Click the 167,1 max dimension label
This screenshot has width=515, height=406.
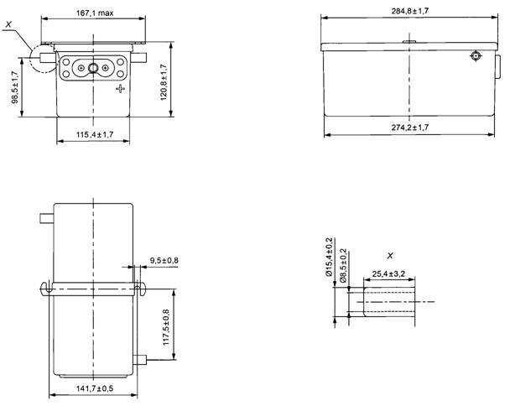coord(95,13)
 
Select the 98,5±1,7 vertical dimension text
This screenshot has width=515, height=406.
coord(15,87)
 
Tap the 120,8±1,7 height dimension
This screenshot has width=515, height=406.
coord(164,82)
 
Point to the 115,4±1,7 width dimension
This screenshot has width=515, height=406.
coord(95,135)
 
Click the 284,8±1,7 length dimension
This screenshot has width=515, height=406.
coord(410,11)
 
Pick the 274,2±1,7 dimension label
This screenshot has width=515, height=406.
coord(410,128)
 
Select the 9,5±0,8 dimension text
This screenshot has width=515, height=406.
coord(164,261)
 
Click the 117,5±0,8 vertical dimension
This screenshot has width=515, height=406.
coord(166,327)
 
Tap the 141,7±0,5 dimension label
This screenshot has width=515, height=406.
coord(95,388)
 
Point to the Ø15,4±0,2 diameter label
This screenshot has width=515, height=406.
coord(330,257)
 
